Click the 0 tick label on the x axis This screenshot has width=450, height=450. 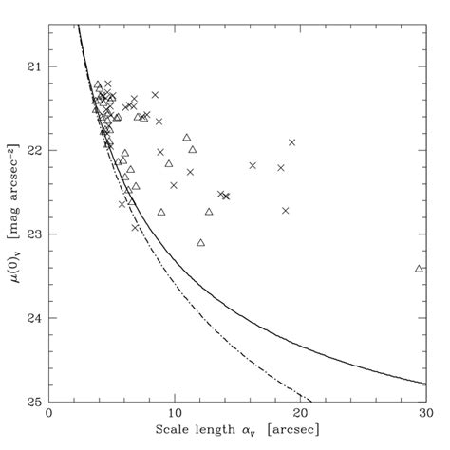pyautogui.click(x=48, y=415)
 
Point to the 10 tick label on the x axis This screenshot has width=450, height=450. pyautogui.click(x=175, y=415)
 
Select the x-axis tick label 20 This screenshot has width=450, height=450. pyautogui.click(x=300, y=415)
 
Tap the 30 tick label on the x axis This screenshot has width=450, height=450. pyautogui.click(x=425, y=415)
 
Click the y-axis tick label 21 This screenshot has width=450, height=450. pyautogui.click(x=34, y=67)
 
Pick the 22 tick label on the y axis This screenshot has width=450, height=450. pyautogui.click(x=34, y=151)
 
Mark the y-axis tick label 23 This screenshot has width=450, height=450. pyautogui.click(x=34, y=234)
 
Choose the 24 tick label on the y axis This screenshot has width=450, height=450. pyautogui.click(x=34, y=318)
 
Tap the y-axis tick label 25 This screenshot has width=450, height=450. pyautogui.click(x=34, y=401)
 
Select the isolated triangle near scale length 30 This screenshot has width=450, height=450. pyautogui.click(x=419, y=269)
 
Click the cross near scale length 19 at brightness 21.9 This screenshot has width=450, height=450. pyautogui.click(x=291, y=142)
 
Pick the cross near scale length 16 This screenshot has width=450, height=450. pyautogui.click(x=253, y=165)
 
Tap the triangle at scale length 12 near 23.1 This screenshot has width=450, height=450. pyautogui.click(x=200, y=243)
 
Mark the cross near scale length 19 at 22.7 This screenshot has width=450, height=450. pyautogui.click(x=285, y=210)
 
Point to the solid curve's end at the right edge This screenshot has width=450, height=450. pyautogui.click(x=425, y=384)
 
